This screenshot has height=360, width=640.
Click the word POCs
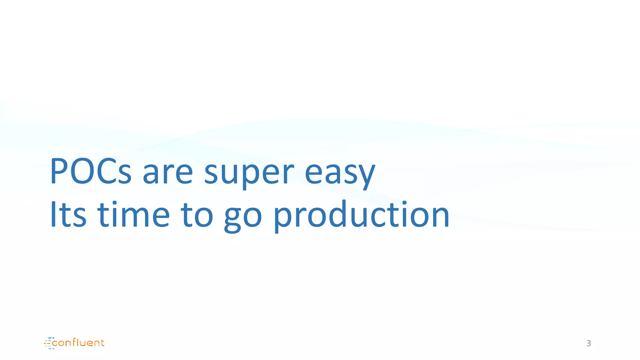click(91, 171)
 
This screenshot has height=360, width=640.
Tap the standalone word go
click(243, 217)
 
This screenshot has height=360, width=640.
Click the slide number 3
click(589, 343)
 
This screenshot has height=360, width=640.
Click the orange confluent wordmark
click(78, 343)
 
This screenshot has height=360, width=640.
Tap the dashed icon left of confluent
click(49, 343)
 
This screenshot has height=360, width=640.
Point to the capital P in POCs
click(59, 171)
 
